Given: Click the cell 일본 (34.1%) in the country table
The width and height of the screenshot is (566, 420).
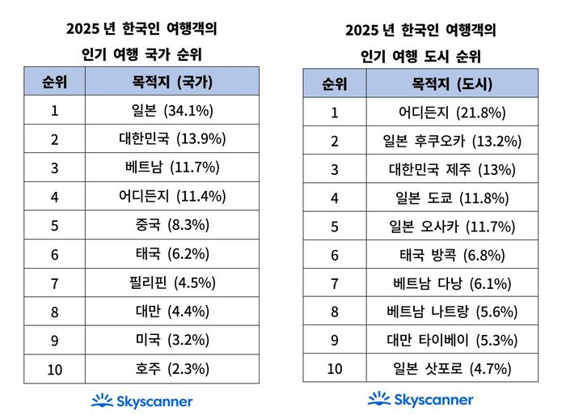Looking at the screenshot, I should click(171, 110).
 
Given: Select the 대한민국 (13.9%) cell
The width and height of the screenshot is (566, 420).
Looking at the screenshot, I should click(171, 138).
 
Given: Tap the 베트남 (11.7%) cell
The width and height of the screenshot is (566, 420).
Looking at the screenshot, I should click(171, 168).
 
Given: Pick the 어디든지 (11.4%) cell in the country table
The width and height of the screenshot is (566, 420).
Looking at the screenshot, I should click(171, 196).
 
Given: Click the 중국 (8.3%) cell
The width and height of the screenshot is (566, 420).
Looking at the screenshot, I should click(171, 225).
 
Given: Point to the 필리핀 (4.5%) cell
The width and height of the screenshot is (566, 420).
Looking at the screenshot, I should click(171, 282).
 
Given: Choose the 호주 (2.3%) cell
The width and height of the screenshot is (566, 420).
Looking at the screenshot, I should click(171, 369).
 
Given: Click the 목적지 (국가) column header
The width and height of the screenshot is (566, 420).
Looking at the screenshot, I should click(171, 81).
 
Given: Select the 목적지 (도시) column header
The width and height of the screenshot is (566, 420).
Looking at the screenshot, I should click(452, 83).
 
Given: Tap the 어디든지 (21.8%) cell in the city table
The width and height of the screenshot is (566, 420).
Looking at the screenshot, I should click(452, 112).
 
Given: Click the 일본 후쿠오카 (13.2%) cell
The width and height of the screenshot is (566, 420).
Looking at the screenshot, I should click(452, 141).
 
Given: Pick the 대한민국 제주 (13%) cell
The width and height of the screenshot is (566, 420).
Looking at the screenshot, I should click(452, 169).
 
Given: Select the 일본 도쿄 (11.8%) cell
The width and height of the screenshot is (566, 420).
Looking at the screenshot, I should click(452, 197).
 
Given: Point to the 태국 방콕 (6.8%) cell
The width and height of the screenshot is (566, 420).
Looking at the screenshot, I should click(452, 255).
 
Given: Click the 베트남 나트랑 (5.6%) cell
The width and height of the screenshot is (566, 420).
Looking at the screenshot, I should click(452, 312).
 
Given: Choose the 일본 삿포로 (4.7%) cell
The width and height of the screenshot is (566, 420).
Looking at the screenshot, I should click(452, 369).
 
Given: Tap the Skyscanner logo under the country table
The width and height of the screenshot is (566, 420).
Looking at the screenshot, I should click(141, 401).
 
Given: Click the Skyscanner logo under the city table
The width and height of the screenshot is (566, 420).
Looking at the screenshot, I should click(420, 399).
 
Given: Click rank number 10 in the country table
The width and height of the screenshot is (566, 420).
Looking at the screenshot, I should click(54, 369).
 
